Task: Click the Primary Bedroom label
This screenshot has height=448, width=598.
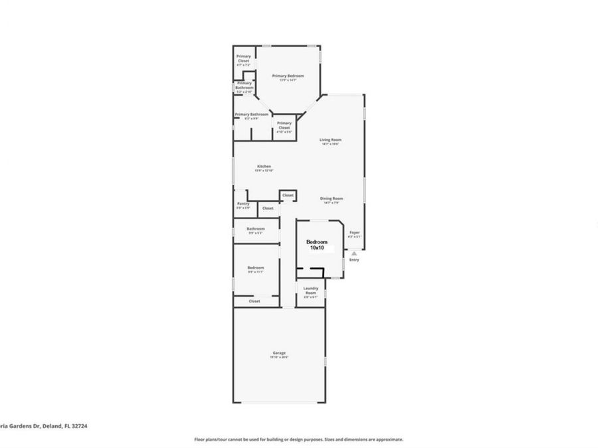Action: point(288,76)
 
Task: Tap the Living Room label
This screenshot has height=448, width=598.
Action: point(330,139)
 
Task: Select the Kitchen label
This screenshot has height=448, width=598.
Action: point(264,166)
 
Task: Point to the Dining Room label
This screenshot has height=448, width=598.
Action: point(330,198)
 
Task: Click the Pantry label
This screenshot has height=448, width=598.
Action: point(243,204)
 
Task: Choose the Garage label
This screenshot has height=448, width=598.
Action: point(278,352)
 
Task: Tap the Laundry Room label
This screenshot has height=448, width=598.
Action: point(311,289)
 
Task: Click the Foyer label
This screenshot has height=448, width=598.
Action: point(355,232)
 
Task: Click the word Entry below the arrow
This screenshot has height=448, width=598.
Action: point(354,260)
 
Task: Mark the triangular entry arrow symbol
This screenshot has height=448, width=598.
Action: point(354,252)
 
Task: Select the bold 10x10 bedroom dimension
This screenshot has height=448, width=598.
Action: point(316,248)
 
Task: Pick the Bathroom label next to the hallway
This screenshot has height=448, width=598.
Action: point(256,229)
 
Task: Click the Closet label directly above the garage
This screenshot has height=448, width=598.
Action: point(254,301)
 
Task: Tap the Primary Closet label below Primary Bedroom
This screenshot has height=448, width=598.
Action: point(284,124)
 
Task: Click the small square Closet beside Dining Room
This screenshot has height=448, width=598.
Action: point(288,195)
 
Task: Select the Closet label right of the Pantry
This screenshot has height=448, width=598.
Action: point(268,208)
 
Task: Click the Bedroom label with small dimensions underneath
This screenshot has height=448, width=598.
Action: point(256,267)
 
